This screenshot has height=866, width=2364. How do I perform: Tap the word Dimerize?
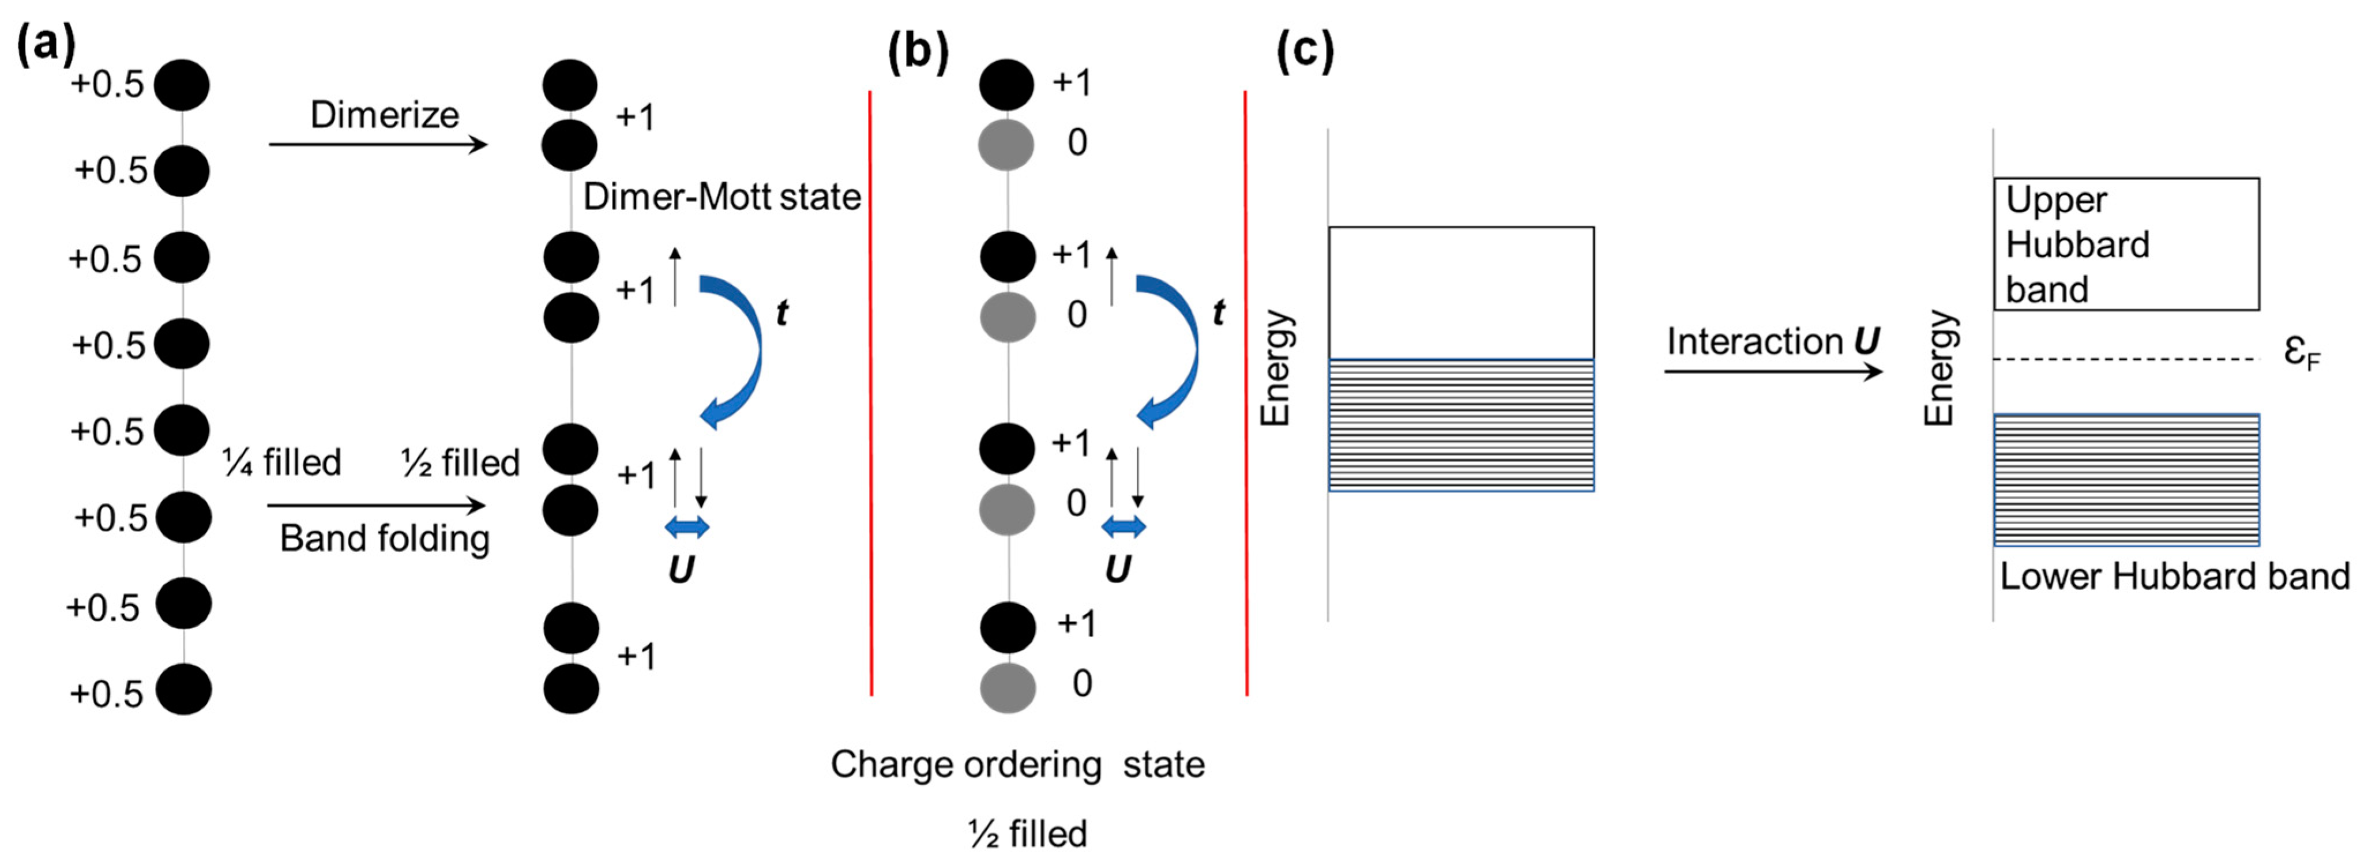tap(385, 115)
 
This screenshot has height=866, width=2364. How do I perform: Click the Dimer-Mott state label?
tap(721, 196)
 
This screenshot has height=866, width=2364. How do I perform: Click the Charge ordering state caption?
tap(1017, 763)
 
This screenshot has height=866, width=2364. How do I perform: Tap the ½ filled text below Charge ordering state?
tap(1028, 833)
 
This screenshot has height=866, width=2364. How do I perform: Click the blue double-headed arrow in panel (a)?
tap(686, 526)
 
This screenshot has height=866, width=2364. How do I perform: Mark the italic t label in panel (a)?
tap(781, 313)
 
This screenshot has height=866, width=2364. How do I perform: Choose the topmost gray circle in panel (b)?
tap(1007, 144)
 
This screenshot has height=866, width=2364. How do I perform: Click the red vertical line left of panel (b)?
tap(870, 394)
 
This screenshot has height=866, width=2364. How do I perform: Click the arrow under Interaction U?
tap(1773, 371)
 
